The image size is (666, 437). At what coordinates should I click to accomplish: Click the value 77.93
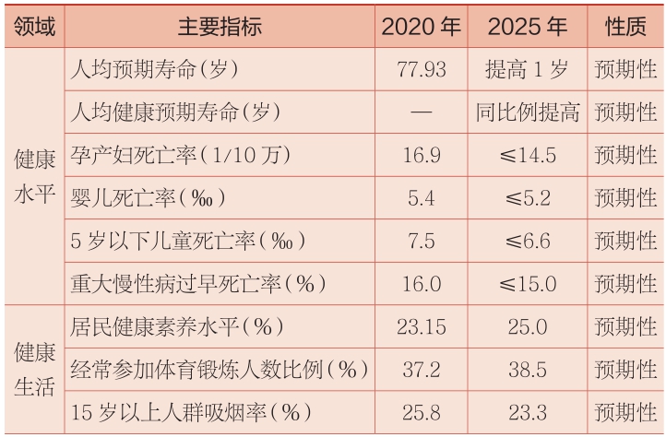[x=421, y=69]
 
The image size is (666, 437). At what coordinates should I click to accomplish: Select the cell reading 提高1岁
[x=527, y=69]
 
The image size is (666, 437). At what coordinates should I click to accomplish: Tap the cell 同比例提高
[x=527, y=112]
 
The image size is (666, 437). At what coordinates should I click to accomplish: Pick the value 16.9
[x=421, y=155]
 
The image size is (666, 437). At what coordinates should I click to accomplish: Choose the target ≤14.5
[x=527, y=155]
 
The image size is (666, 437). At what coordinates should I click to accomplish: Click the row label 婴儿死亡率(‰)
[x=148, y=197]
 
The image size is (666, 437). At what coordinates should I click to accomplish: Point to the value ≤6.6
[x=527, y=241]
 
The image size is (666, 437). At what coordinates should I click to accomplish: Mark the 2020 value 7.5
[x=421, y=241]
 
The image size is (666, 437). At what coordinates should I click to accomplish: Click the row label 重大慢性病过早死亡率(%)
[x=199, y=283]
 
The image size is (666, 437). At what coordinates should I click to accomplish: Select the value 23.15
[x=421, y=326]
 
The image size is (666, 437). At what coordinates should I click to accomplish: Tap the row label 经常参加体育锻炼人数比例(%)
[x=219, y=370]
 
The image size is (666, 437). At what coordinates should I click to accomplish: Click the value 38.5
[x=527, y=370]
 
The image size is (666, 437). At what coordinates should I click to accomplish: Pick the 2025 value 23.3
[x=527, y=413]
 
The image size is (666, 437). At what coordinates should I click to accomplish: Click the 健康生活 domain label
[x=34, y=370]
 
